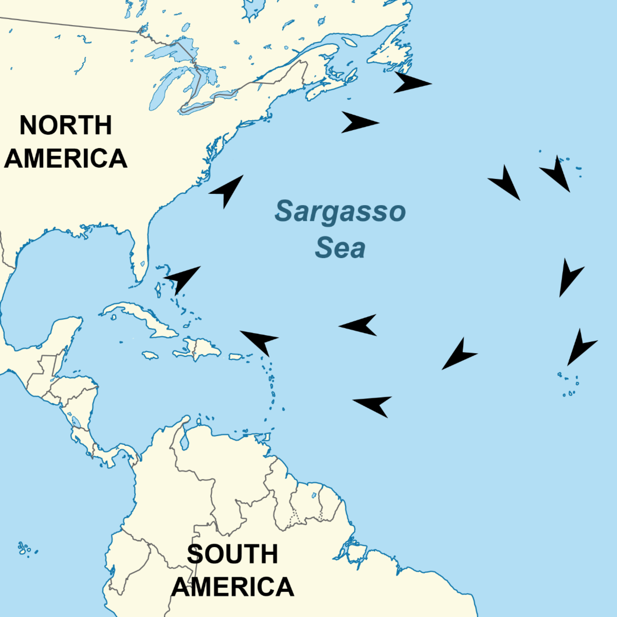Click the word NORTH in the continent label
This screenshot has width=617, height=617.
click(65, 125)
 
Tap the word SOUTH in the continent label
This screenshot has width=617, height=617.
click(232, 554)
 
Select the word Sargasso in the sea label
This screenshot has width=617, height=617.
click(340, 211)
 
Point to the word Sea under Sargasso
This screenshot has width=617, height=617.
click(340, 248)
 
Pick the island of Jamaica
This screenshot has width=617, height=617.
click(150, 355)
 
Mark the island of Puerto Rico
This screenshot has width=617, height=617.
click(238, 356)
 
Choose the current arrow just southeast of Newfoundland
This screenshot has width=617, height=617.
click(411, 83)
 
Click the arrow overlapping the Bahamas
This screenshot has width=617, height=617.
click(183, 279)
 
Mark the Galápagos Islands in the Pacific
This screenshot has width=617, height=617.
click(25, 549)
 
